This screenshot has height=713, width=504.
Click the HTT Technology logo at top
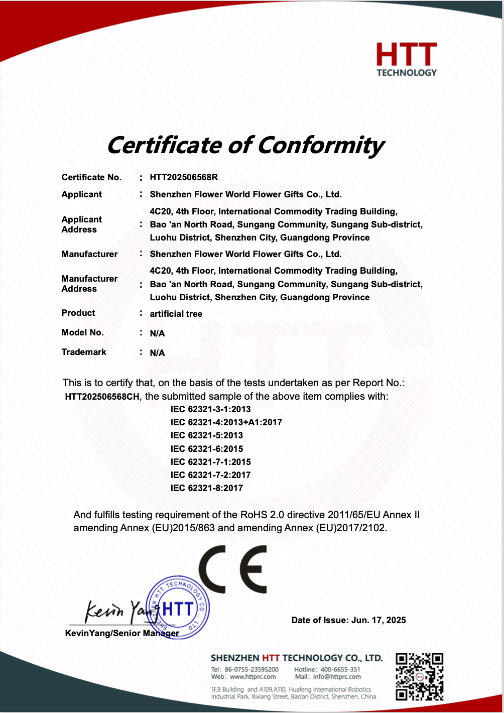(x=407, y=59)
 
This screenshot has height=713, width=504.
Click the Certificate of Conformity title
(x=245, y=145)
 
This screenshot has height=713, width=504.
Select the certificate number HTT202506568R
(x=184, y=177)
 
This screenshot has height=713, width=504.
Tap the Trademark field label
(x=84, y=352)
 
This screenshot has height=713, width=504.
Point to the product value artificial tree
(x=176, y=314)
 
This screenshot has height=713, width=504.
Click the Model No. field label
(x=82, y=332)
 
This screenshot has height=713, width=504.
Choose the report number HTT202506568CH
(x=102, y=397)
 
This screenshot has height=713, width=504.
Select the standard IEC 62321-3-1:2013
(x=210, y=409)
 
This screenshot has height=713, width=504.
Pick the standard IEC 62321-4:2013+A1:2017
(x=226, y=422)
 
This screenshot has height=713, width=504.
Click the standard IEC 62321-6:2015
(x=206, y=449)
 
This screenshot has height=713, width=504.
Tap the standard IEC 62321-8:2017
(x=206, y=488)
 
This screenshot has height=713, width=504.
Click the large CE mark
(x=232, y=569)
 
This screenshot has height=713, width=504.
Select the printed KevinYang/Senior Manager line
(x=122, y=633)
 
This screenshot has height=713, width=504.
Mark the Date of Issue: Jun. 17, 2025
(x=348, y=620)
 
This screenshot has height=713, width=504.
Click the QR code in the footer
(x=419, y=676)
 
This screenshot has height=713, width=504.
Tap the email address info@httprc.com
(x=337, y=676)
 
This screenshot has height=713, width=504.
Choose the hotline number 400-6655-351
(x=340, y=669)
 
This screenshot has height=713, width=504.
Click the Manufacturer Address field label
(x=89, y=284)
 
